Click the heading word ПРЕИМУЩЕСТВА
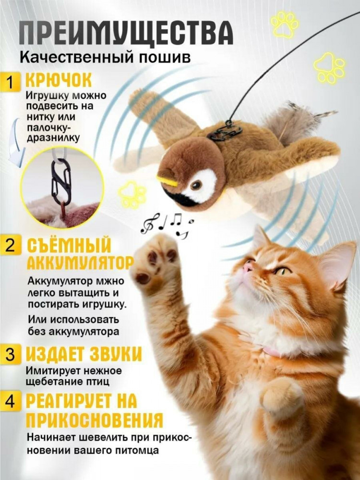[126, 33]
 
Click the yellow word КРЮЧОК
[58, 81]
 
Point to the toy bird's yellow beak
[167, 180]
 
